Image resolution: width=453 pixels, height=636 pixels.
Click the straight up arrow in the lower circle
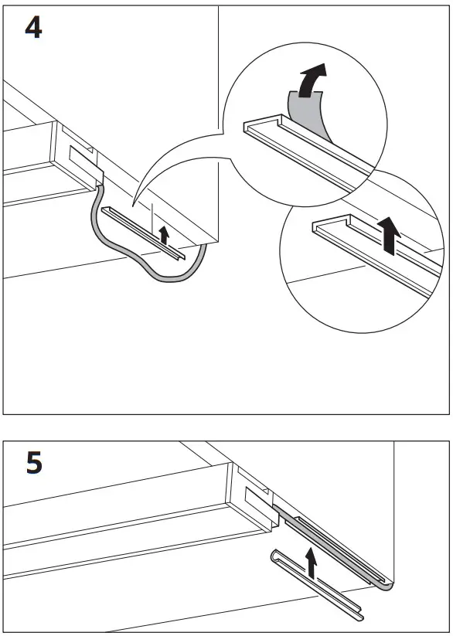tap(392, 235)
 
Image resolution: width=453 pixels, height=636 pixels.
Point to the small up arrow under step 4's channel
tap(163, 235)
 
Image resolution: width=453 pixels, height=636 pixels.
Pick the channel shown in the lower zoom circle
tap(371, 255)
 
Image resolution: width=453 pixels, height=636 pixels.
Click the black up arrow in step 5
tap(311, 563)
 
